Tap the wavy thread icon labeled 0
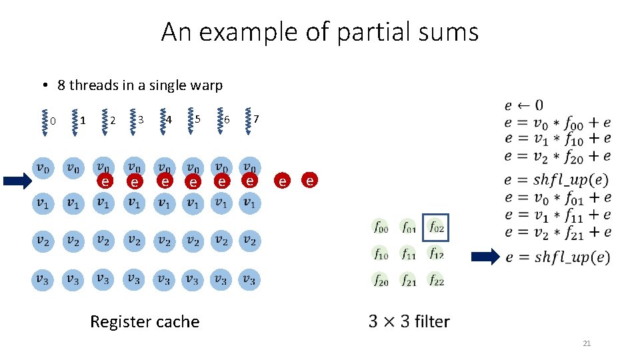(44, 121)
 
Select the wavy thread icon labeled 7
(247, 121)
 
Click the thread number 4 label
(169, 120)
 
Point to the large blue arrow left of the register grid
(15, 180)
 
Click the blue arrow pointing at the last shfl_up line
(485, 257)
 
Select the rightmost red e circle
(309, 180)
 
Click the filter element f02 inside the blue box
(436, 227)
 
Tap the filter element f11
(408, 254)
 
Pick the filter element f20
(380, 281)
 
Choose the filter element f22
(436, 281)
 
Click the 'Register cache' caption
(145, 322)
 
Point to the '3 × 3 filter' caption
(409, 321)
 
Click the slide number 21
(587, 343)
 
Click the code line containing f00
(557, 122)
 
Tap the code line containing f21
(557, 232)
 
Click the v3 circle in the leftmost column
(43, 279)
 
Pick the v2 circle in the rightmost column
(249, 240)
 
